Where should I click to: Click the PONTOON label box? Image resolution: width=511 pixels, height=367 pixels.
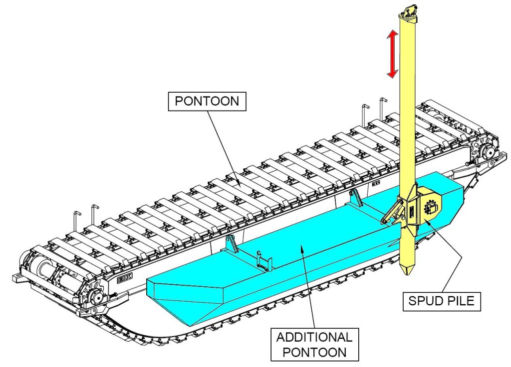207,102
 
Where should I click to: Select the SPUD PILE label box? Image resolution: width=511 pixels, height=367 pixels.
442,301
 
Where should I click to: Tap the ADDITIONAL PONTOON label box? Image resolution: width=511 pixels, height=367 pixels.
314,344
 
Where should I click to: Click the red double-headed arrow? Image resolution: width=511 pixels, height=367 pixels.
393,54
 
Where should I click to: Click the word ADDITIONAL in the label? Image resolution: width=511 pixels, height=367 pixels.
314,337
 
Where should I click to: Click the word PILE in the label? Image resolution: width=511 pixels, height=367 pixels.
458,301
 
